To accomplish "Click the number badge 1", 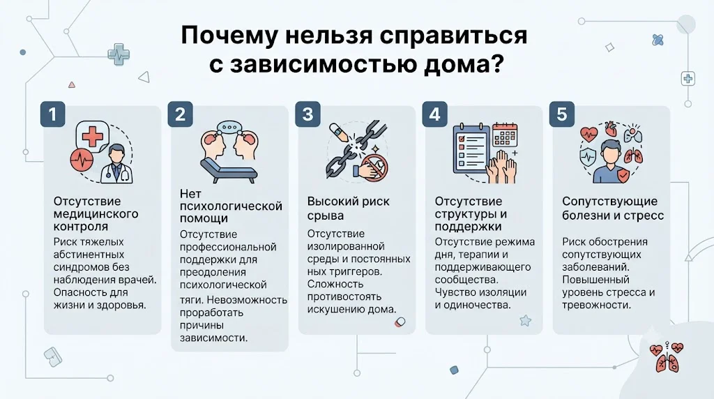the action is click(53, 114).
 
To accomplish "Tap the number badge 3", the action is click(307, 114).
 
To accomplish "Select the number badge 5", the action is click(562, 114).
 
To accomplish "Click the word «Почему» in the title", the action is click(229, 36).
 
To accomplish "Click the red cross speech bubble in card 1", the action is click(92, 136).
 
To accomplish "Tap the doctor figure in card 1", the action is click(117, 164).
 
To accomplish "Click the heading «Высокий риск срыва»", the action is click(349, 208).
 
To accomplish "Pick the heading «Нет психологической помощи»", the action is click(231, 206).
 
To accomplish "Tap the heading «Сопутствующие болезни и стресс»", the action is click(612, 208).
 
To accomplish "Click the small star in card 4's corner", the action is click(526, 321).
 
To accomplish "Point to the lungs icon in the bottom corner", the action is click(667, 357).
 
